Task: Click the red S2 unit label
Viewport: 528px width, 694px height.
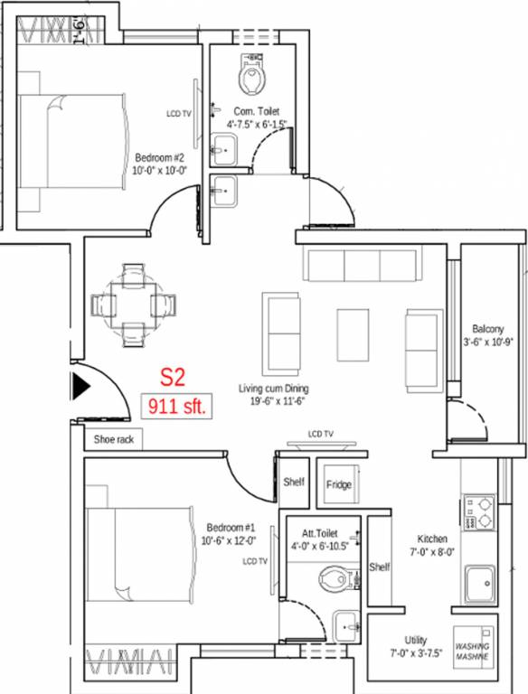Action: coord(172,378)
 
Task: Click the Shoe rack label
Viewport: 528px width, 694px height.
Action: coord(113,441)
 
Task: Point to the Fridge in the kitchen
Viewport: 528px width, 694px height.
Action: coord(339,484)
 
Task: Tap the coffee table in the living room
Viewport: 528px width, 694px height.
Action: coord(353,335)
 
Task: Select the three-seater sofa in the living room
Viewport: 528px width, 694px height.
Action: coord(363,266)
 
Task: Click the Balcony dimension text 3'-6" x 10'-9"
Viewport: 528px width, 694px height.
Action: coord(487,342)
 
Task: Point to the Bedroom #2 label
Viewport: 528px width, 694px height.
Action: coord(160,155)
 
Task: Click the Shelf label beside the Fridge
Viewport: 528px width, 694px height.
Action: coord(293,482)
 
